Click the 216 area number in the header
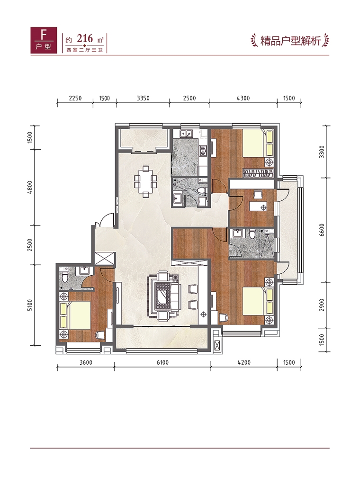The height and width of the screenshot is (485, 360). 84,39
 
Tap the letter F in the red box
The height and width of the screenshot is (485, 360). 44,35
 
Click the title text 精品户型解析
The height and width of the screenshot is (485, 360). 290,41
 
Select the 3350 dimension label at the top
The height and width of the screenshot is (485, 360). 143,98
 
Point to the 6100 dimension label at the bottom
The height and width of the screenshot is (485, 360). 162,362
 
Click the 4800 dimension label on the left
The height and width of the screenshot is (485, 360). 30,188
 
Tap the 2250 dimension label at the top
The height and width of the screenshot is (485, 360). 75,98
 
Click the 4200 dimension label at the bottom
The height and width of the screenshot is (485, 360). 244,362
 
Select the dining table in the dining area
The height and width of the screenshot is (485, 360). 145,181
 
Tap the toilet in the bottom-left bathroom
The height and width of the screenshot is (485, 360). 64,277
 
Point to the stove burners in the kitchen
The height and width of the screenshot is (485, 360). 203,150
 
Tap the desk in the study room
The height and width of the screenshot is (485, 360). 258,207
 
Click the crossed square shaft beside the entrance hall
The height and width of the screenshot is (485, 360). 105,258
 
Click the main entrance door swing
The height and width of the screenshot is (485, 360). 105,220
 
